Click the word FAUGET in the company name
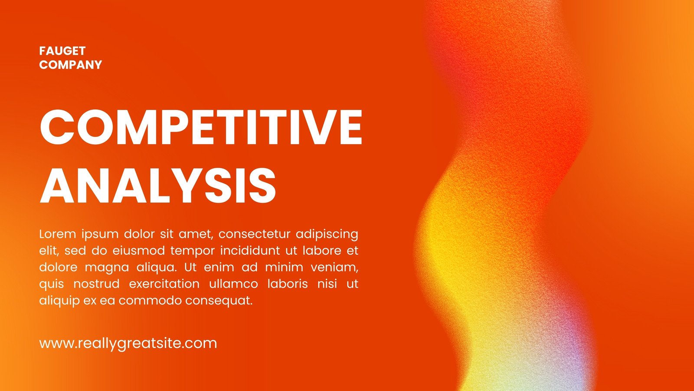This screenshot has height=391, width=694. pyautogui.click(x=62, y=51)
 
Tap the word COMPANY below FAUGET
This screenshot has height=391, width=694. pyautogui.click(x=71, y=65)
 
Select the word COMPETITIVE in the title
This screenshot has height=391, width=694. pyautogui.click(x=201, y=127)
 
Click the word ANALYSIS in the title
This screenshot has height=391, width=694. pyautogui.click(x=158, y=186)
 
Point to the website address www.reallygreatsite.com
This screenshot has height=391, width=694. pyautogui.click(x=128, y=343)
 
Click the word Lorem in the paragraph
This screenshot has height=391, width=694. pyautogui.click(x=57, y=234)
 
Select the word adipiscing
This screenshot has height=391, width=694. pyautogui.click(x=327, y=235)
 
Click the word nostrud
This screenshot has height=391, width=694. pyautogui.click(x=96, y=284)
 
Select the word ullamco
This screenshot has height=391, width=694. pyautogui.click(x=233, y=284)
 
